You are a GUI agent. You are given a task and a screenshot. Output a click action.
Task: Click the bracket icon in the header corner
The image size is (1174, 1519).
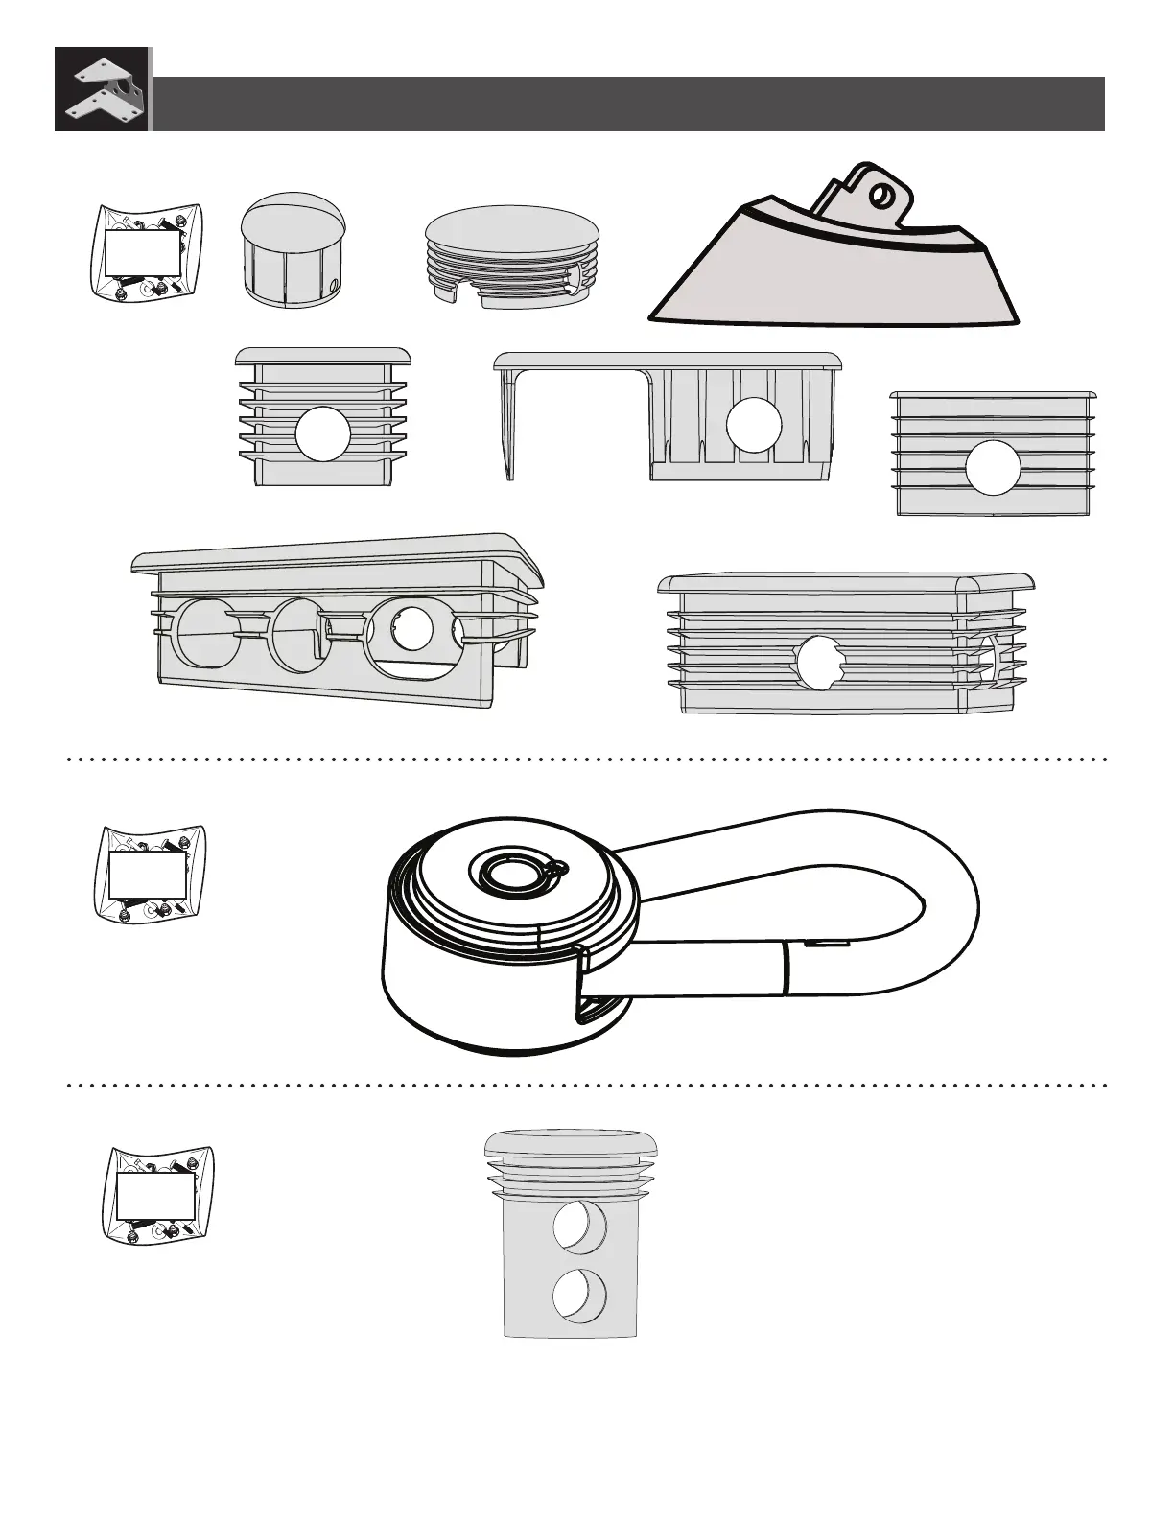click(102, 89)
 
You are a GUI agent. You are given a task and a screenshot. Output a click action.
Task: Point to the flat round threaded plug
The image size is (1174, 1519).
click(514, 256)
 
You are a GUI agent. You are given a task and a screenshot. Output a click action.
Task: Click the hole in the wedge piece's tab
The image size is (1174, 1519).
click(879, 196)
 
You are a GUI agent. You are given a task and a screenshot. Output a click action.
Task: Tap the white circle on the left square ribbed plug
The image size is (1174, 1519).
click(322, 433)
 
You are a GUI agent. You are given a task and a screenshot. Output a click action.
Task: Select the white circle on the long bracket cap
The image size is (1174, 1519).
click(751, 424)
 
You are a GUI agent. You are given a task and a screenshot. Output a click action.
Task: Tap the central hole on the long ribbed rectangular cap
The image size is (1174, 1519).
click(818, 662)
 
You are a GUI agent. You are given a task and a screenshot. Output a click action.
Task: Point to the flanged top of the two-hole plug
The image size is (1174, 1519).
click(572, 1144)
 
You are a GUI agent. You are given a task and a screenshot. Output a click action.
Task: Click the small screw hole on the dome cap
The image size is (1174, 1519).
click(332, 284)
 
